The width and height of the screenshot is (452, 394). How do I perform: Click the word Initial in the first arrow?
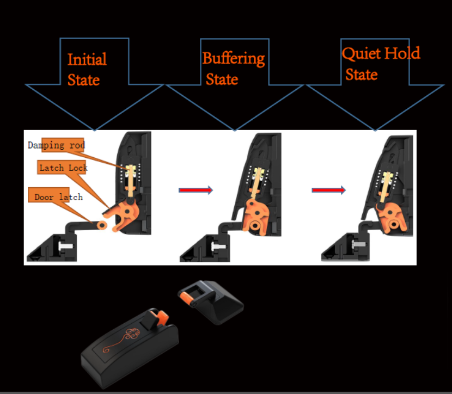coord(87,59)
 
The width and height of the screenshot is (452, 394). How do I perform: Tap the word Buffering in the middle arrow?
coord(233,58)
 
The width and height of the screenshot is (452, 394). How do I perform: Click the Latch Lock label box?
coord(62,168)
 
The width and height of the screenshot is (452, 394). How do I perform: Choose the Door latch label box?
coord(57,196)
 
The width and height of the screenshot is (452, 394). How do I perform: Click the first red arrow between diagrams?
coord(195,189)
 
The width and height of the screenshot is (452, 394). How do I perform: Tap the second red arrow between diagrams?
coord(328,189)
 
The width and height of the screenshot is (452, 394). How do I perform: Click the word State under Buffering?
coord(222,79)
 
